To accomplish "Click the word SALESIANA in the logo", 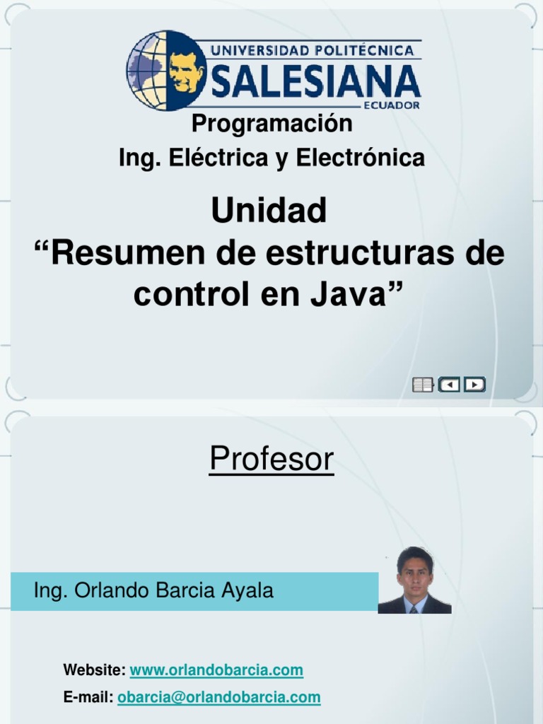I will tap(315, 82).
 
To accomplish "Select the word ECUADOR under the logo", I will tap(392, 105).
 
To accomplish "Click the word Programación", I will tap(272, 123).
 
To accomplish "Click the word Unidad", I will tap(269, 211).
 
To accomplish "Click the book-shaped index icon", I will tap(422, 385).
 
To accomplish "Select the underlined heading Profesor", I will tap(271, 460).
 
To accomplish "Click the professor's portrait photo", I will tap(414, 580).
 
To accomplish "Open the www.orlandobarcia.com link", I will tap(216, 670).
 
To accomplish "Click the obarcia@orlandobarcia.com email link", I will tap(219, 697).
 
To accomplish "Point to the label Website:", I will tap(95, 670).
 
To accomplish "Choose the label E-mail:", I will tap(88, 697).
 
